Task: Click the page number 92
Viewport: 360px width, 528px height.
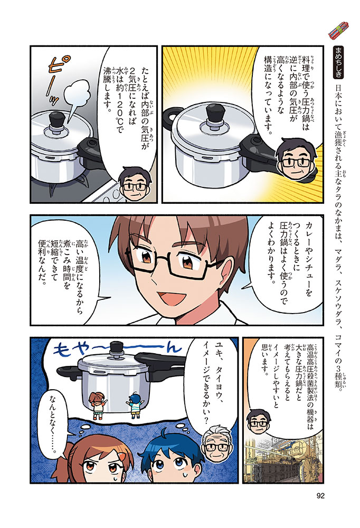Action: pyautogui.click(x=320, y=496)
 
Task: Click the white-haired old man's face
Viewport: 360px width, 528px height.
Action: pyautogui.click(x=216, y=444)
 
